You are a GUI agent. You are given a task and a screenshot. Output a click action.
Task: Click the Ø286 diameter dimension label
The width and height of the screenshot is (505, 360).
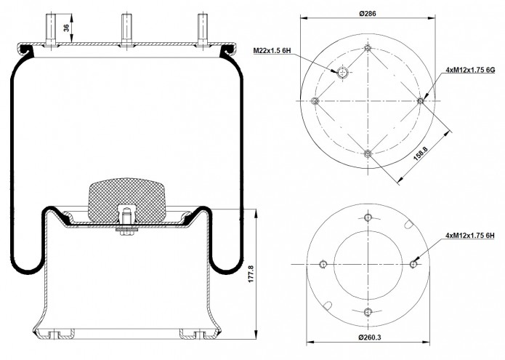coord(367,14)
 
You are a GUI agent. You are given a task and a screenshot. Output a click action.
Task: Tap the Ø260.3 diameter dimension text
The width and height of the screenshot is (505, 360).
coord(370,337)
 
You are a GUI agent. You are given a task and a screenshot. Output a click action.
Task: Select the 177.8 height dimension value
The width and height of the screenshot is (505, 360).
coord(251,274)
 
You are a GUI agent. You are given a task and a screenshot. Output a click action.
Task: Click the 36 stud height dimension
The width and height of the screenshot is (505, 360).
coord(66,28)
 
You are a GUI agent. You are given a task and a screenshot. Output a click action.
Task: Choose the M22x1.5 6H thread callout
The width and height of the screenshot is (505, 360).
coord(272,51)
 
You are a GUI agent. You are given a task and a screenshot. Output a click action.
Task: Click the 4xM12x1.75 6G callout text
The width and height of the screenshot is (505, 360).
coord(470,70)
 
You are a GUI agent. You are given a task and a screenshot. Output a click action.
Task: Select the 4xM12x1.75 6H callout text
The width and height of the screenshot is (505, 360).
coord(470,236)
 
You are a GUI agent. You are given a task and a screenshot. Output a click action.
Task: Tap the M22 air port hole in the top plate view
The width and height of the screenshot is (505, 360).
coord(342,73)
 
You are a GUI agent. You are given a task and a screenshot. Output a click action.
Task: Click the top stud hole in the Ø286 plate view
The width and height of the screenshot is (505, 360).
coord(368,48)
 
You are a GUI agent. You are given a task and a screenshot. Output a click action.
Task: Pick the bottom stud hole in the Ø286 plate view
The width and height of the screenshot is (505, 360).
coord(368,153)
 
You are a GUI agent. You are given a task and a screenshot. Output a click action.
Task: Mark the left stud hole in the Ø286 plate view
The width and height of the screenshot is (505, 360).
coord(315,101)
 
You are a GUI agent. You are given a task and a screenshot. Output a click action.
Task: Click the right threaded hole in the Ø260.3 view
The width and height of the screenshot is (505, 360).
coord(413,264)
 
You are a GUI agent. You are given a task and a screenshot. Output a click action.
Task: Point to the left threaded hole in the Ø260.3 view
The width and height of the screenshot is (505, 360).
coord(323,264)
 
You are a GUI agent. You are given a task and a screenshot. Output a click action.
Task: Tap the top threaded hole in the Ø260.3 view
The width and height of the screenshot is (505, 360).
coord(368,217)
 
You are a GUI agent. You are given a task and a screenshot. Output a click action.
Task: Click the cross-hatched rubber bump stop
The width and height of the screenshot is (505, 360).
coord(127,200)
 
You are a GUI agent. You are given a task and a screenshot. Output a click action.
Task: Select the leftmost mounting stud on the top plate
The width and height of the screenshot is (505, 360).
coord(51,30)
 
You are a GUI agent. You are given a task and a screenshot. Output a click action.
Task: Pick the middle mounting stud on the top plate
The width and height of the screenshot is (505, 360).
coord(126,30)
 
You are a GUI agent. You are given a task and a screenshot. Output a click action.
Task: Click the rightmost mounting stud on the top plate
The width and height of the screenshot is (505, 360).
coord(203,30)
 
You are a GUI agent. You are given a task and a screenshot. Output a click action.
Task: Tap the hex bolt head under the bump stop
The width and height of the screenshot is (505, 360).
coord(127,233)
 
